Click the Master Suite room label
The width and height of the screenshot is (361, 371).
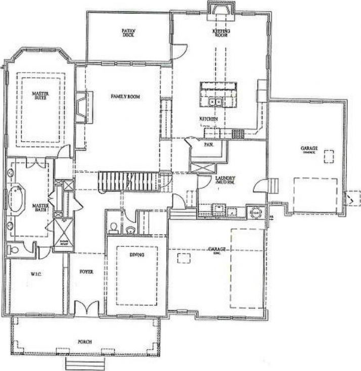click(37, 96)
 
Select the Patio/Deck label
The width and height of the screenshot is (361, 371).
click(128, 32)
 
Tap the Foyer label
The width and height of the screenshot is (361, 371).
click(86, 271)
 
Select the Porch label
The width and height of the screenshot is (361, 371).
click(84, 342)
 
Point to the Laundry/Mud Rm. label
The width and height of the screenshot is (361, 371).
click(223, 180)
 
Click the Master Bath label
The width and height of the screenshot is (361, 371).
click(39, 208)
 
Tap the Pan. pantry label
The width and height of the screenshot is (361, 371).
click(207, 144)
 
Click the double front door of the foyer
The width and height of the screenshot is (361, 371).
click(85, 308)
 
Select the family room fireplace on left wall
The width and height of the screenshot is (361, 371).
click(81, 107)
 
